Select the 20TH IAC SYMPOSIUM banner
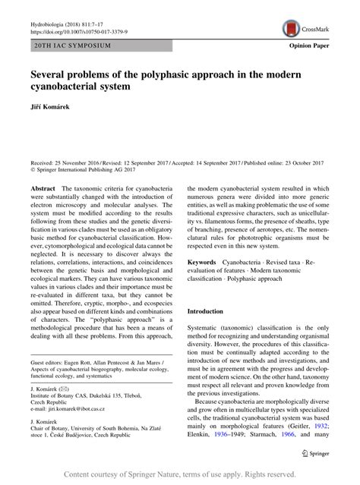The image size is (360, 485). pyautogui.click(x=72, y=46)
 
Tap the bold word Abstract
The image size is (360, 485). pyautogui.click(x=43, y=187)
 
